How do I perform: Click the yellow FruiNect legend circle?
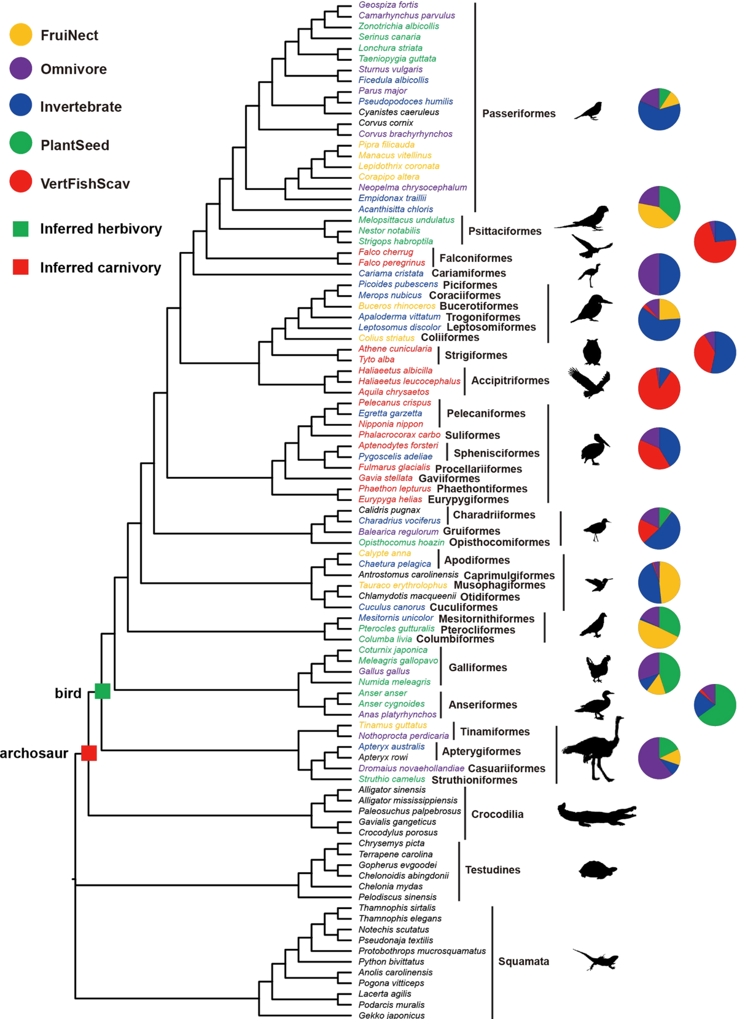pyautogui.click(x=21, y=35)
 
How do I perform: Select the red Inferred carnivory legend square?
pyautogui.click(x=21, y=267)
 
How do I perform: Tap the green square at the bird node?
pyautogui.click(x=103, y=691)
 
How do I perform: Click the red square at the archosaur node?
pyautogui.click(x=89, y=752)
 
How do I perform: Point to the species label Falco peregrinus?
pyautogui.click(x=391, y=262)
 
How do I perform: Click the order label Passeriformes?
pyautogui.click(x=518, y=114)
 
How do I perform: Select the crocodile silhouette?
pyautogui.click(x=596, y=814)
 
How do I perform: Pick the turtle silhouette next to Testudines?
pyautogui.click(x=597, y=870)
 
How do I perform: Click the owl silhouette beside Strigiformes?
pyautogui.click(x=591, y=352)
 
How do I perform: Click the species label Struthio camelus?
pyautogui.click(x=391, y=779)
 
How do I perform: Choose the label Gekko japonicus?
pyautogui.click(x=391, y=1015)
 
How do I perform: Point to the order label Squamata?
pyautogui.click(x=523, y=961)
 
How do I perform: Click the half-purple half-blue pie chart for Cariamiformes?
pyautogui.click(x=659, y=274)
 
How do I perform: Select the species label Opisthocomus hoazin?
pyautogui.click(x=401, y=542)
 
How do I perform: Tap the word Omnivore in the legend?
pyautogui.click(x=74, y=69)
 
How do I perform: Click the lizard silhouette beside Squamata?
pyautogui.click(x=596, y=959)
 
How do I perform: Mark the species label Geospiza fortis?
pyautogui.click(x=388, y=5)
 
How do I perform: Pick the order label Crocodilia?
pyautogui.click(x=497, y=814)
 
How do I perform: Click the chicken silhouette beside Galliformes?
pyautogui.click(x=598, y=668)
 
